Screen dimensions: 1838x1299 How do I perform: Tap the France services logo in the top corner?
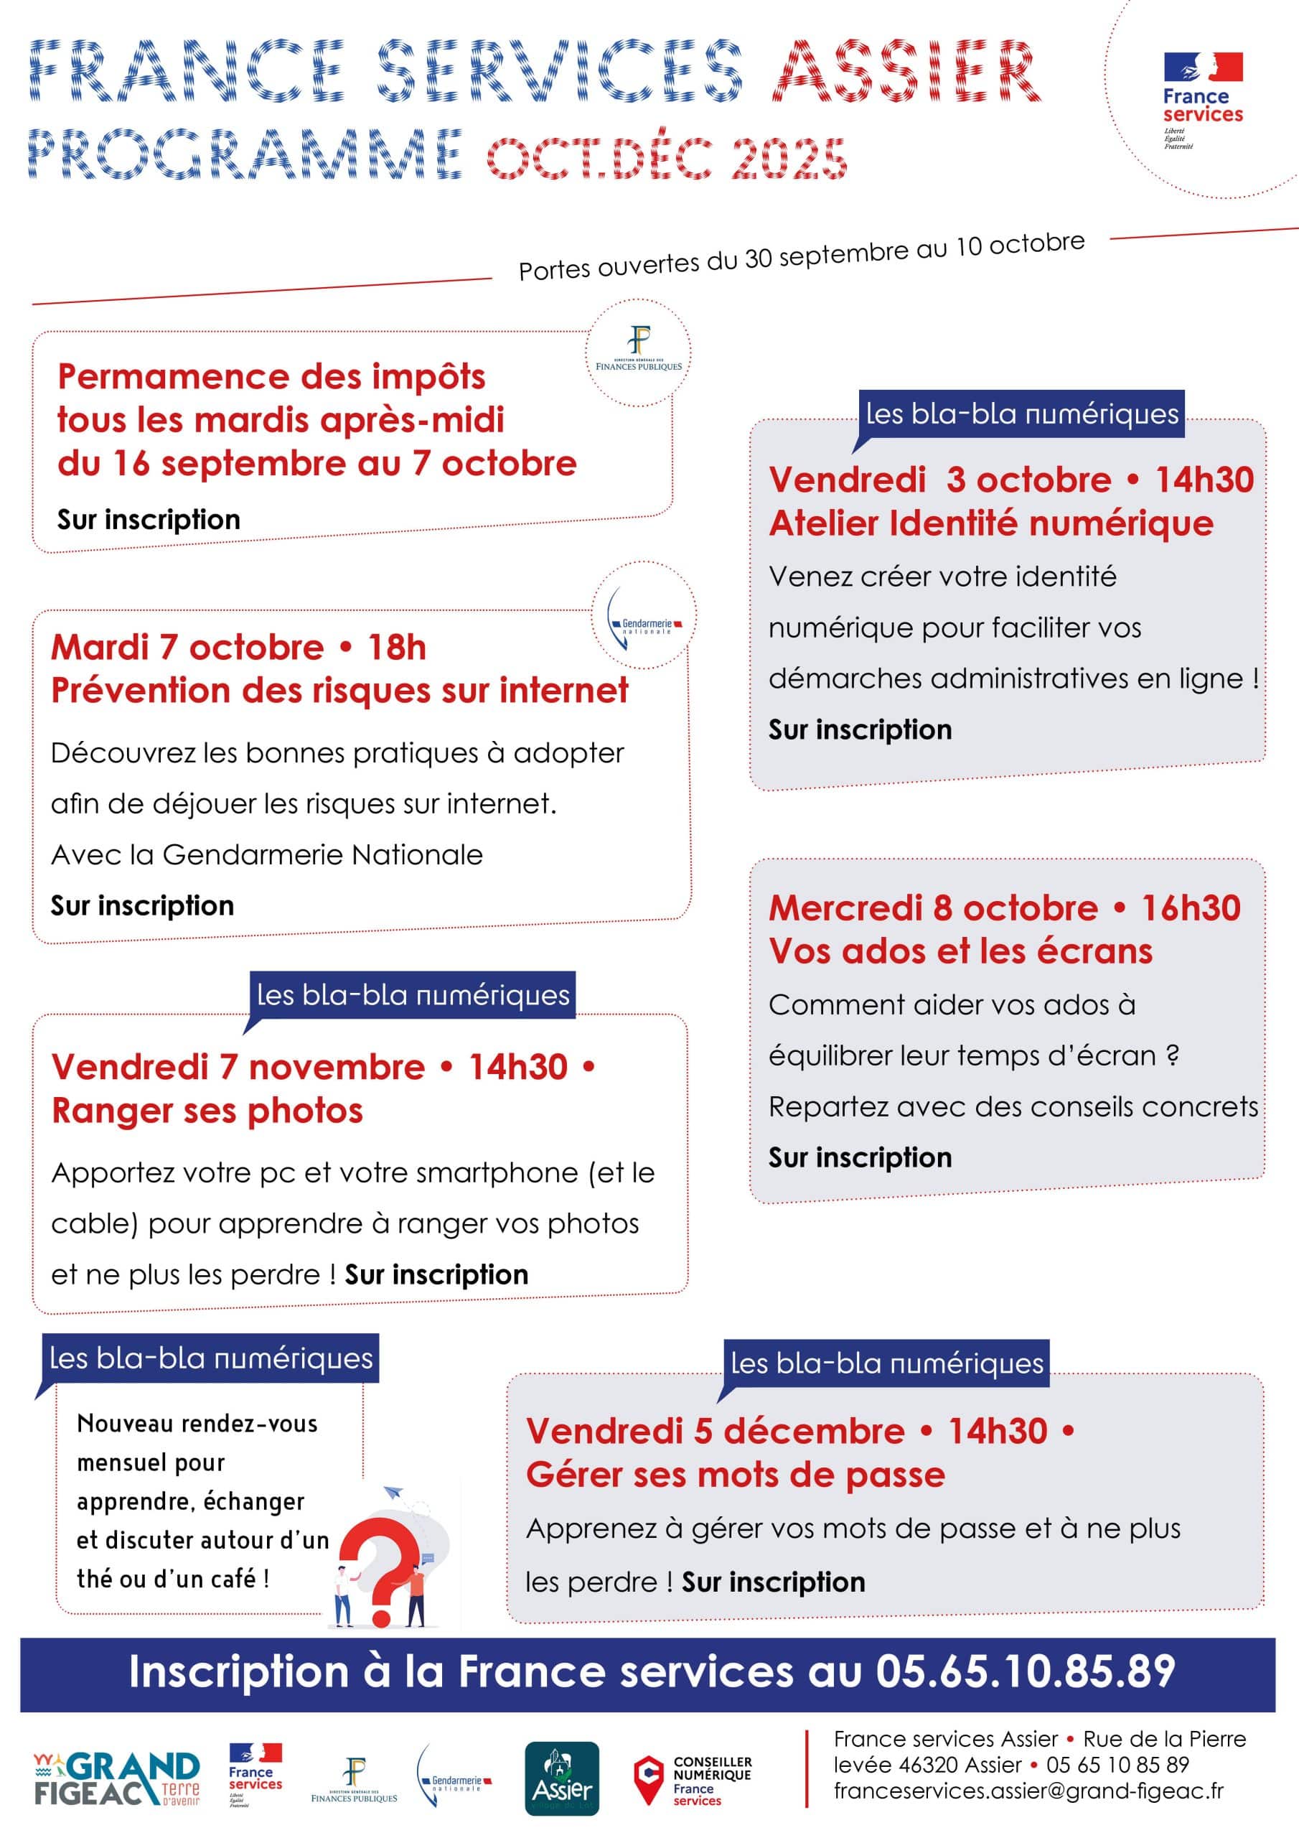(1202, 98)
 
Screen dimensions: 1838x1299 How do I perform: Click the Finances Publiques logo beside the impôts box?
(639, 350)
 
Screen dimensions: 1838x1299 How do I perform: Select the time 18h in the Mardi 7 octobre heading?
(397, 648)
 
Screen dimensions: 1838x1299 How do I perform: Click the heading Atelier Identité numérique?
(991, 523)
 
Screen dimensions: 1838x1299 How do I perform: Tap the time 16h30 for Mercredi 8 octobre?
(1191, 908)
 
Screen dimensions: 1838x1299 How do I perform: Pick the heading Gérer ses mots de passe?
(735, 1475)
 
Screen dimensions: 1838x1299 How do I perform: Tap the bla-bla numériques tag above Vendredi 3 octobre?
(1022, 414)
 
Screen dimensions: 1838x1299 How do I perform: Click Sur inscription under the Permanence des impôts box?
(149, 520)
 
